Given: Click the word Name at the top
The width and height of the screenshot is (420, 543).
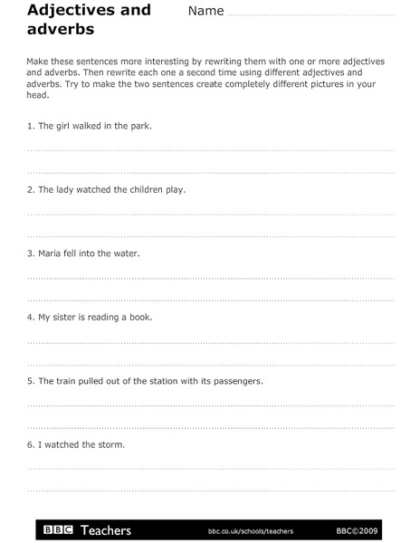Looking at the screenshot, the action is tap(205, 12).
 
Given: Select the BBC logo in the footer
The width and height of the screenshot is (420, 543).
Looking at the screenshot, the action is tap(59, 530).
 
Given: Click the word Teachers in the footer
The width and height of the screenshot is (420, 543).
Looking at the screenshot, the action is tap(106, 530).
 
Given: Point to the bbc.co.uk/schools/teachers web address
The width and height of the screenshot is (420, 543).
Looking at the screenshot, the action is tap(251, 531).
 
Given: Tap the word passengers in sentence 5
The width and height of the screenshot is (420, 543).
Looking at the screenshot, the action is tap(237, 381).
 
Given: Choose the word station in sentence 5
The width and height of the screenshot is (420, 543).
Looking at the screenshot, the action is tap(164, 381).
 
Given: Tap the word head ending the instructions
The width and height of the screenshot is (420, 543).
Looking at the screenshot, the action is tap(37, 94).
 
